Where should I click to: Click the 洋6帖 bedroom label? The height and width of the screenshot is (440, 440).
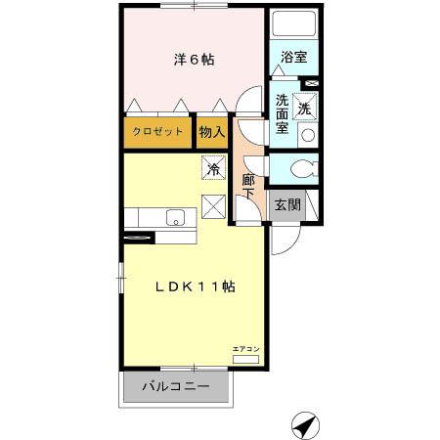click(195, 60)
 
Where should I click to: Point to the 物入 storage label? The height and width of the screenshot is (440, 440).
click(212, 131)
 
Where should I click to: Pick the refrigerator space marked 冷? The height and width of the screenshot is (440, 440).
click(213, 168)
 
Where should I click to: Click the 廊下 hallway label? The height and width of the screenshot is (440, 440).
click(248, 185)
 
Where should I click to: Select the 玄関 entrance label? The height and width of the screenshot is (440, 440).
click(286, 205)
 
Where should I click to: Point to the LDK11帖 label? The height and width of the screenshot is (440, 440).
click(195, 286)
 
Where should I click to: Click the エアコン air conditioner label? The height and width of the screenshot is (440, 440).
click(245, 349)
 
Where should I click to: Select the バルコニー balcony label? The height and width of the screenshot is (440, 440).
click(176, 386)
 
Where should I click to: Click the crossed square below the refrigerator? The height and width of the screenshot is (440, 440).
click(213, 207)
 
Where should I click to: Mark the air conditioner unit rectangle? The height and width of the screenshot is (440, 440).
click(245, 359)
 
